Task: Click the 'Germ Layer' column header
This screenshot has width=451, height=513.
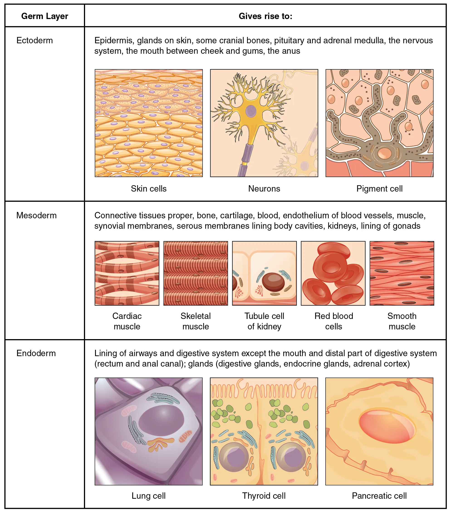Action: click(45, 16)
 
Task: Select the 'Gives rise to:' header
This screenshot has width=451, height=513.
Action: click(265, 16)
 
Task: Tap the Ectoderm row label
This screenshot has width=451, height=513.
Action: click(35, 40)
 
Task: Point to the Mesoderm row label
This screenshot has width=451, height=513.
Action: click(37, 215)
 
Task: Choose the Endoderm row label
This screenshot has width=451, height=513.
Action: click(36, 353)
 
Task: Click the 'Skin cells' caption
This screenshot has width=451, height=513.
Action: click(149, 188)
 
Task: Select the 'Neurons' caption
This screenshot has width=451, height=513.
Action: click(264, 188)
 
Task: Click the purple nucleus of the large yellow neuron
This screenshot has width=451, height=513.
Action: click(251, 111)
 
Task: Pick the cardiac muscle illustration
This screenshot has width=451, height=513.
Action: click(127, 273)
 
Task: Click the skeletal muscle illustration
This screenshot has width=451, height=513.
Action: click(195, 273)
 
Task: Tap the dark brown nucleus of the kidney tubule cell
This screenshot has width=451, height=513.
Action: click(273, 282)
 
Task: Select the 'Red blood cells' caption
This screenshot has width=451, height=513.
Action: click(333, 321)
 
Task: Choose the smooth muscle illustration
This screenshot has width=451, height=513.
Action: click(402, 273)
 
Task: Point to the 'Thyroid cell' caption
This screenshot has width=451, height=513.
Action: click(264, 496)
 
